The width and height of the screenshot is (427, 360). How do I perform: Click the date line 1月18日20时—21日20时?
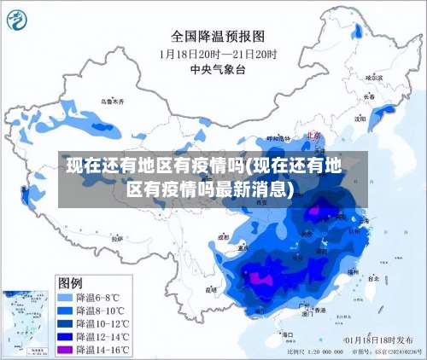click(x=218, y=53)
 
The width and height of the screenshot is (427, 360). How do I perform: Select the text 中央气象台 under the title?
click(x=218, y=69)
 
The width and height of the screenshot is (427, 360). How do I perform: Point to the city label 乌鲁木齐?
click(x=112, y=101)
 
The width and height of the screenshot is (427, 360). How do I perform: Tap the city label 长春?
click(x=369, y=96)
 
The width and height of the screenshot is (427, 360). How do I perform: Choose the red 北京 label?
click(x=311, y=135)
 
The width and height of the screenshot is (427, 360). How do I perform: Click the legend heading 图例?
click(x=70, y=282)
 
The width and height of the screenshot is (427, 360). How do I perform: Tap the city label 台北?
click(x=372, y=278)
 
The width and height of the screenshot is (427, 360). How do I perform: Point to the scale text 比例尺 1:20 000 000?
click(x=316, y=351)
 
